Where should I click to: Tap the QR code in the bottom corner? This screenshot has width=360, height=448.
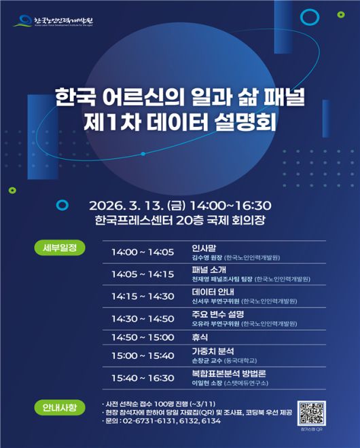click(x=312, y=412)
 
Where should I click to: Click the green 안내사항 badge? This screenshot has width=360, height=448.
click(x=59, y=407)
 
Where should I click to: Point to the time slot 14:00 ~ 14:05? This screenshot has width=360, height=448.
click(x=143, y=253)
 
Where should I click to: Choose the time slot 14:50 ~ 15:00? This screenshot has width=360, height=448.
click(x=143, y=337)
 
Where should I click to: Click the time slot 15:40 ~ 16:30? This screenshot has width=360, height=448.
click(x=143, y=379)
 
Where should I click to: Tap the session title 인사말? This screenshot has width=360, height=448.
click(x=204, y=248)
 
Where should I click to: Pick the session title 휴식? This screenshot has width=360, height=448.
click(x=199, y=337)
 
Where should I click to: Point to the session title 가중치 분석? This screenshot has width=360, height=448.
click(x=213, y=352)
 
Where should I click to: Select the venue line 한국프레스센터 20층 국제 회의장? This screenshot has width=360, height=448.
click(x=179, y=220)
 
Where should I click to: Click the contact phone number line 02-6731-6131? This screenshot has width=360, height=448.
click(x=162, y=421)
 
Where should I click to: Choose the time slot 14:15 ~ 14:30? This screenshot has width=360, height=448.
click(x=143, y=296)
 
